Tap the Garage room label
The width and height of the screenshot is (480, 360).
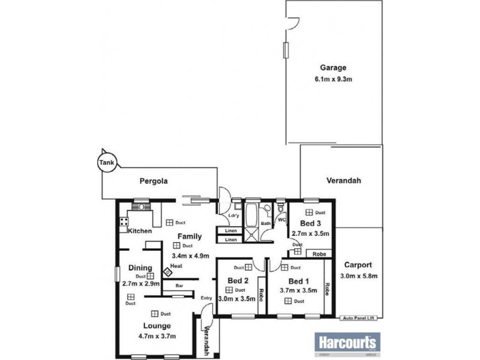333,68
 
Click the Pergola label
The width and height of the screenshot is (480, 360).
153,180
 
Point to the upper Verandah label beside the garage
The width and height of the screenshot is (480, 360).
343,180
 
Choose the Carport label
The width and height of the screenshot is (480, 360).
358,264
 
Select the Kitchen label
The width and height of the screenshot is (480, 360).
139,231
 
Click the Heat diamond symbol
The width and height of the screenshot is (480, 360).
169,271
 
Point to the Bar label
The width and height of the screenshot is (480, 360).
179,287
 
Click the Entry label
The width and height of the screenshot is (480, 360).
206,298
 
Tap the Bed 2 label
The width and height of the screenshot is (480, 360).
239,281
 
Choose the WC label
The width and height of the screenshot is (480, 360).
281,220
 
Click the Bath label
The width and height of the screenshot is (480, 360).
265,224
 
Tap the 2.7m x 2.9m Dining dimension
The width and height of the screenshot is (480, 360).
142,284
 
